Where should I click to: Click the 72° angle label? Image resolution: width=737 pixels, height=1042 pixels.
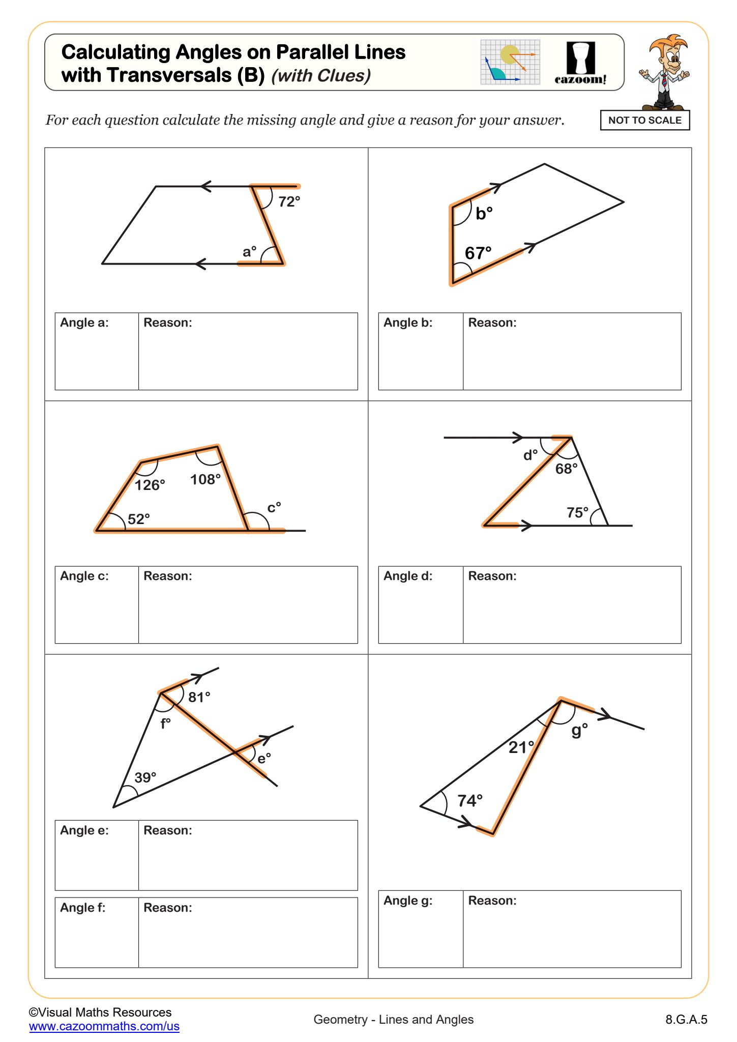tap(289, 202)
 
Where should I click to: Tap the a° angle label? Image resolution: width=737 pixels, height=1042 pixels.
tap(249, 251)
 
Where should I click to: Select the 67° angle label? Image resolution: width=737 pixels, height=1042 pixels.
tap(478, 253)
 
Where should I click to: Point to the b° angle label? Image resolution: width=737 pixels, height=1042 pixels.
tap(484, 213)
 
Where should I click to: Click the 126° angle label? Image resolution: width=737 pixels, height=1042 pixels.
tap(150, 485)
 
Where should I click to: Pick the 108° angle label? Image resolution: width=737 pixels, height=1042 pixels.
tap(205, 479)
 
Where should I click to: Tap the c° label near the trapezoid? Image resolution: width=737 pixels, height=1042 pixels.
tap(274, 507)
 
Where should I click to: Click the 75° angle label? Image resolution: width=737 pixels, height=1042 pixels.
tap(577, 512)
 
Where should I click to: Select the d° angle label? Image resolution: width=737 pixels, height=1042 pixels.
tap(530, 455)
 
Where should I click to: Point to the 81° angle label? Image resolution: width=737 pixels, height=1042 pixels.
tap(199, 697)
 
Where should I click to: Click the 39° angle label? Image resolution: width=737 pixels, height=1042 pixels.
tap(145, 777)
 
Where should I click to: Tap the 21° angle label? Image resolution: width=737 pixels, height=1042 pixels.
tap(521, 747)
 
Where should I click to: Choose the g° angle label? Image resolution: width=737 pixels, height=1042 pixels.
tap(579, 730)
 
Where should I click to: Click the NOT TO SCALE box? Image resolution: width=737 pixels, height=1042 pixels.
tap(644, 121)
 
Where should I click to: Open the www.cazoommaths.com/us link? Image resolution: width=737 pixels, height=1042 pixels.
tap(104, 1026)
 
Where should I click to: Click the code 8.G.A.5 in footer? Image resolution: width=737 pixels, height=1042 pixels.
tap(686, 1019)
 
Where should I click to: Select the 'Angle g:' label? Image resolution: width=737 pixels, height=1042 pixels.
tap(408, 901)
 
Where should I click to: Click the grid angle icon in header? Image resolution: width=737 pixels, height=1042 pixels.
tap(510, 62)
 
